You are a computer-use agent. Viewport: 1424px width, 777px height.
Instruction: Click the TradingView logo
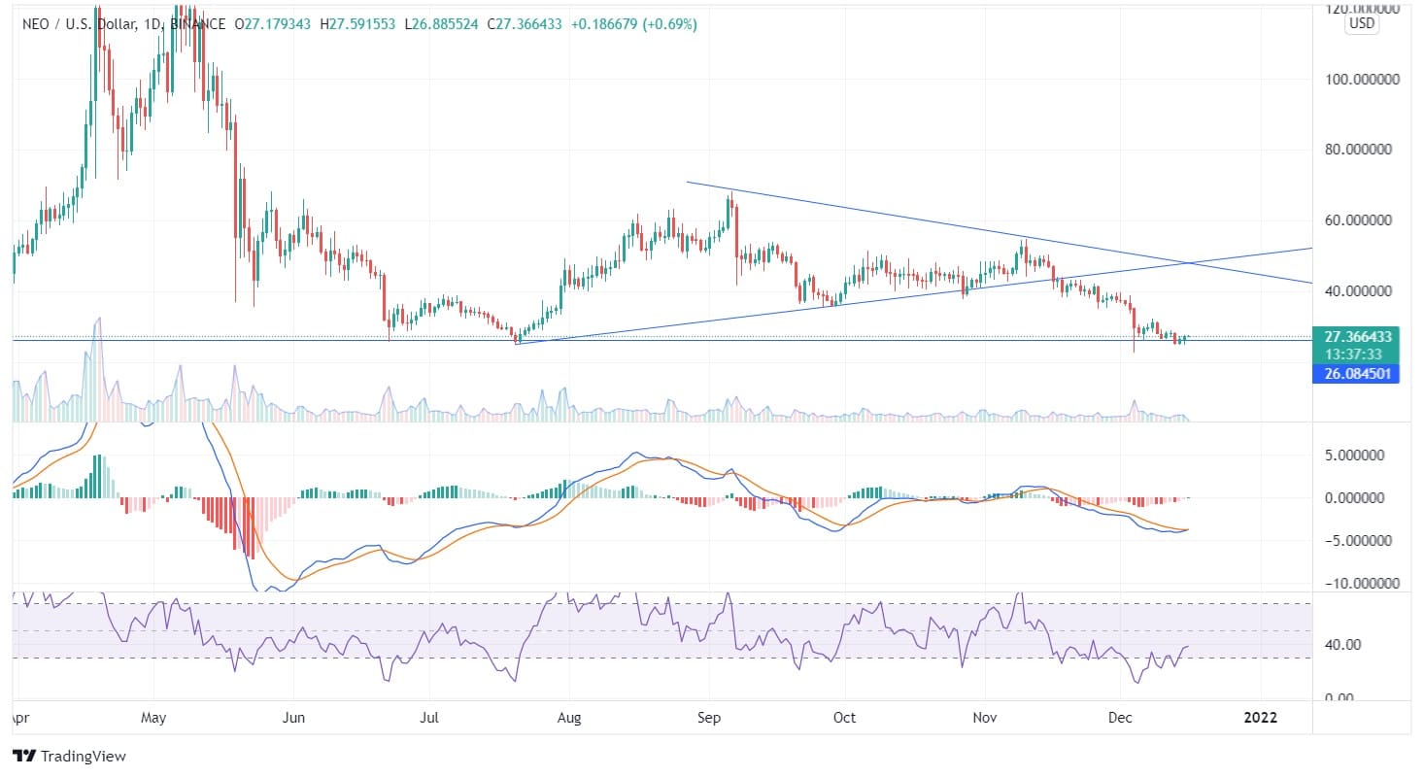click(69, 756)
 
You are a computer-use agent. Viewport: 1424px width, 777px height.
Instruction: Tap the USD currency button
click(1361, 24)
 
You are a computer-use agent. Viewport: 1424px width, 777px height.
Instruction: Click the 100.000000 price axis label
click(1360, 80)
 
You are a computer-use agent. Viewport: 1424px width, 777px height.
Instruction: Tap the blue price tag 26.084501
click(1355, 373)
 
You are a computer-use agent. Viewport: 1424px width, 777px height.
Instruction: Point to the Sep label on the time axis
click(708, 718)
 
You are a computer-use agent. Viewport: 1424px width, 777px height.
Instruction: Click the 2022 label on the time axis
click(1261, 718)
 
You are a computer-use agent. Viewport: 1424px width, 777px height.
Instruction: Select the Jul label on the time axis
click(430, 718)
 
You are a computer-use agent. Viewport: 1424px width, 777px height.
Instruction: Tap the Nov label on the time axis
click(985, 718)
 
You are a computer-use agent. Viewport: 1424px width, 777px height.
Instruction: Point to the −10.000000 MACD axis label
click(1359, 584)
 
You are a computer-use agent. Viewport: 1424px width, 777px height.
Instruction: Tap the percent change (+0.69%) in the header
click(670, 23)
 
